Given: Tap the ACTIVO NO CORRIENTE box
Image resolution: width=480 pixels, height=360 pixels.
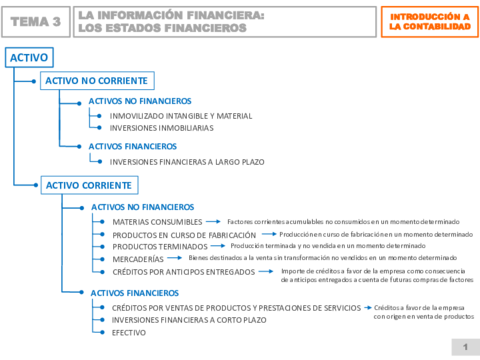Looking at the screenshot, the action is [95, 80].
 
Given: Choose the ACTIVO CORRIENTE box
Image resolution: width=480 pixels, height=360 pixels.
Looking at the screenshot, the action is [88, 185].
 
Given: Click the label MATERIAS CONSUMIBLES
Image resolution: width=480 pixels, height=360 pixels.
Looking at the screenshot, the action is [157, 221].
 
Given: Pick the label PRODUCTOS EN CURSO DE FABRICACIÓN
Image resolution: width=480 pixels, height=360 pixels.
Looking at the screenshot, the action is [184, 234].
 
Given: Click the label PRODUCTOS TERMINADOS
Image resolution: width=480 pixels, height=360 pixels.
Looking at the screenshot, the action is [159, 246].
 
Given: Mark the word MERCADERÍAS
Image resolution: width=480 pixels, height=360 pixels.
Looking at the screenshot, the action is [138, 259].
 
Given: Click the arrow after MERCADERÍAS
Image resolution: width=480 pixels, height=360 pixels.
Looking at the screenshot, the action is [177, 258].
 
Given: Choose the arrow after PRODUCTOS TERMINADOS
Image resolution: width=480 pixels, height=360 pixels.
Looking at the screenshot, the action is [219, 246].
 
